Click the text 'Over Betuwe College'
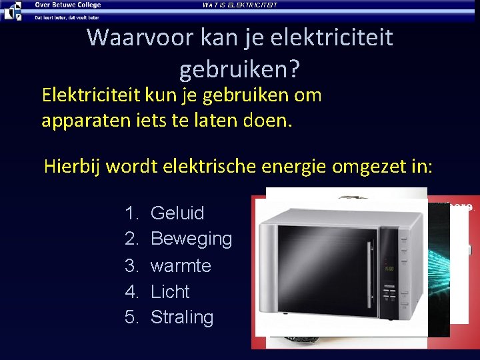point(68,5)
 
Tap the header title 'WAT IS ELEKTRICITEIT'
point(239,5)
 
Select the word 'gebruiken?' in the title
point(239,67)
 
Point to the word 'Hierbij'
point(70,166)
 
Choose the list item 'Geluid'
point(177,213)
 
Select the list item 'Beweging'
point(191,239)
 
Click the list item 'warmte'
point(181,265)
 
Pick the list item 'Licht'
point(170,291)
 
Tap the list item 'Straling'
point(182,317)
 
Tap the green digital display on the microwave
point(389,269)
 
